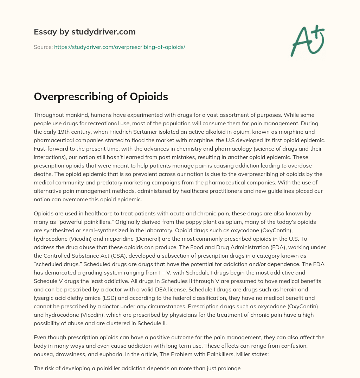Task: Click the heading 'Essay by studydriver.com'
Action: (84, 32)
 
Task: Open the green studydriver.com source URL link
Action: (120, 47)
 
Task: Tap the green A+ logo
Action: (307, 40)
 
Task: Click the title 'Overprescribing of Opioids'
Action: (101, 97)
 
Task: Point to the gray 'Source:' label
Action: (43, 47)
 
